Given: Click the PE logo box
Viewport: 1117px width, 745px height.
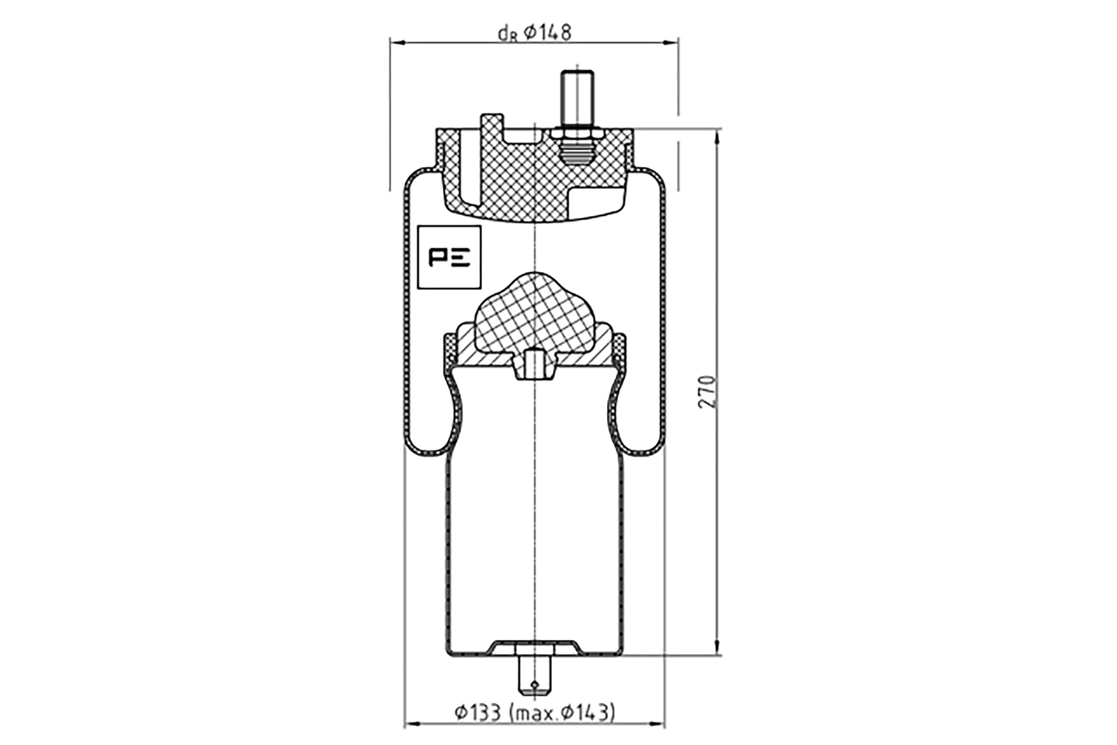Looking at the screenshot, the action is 449,257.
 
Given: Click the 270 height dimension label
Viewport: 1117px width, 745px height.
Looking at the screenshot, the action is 707,392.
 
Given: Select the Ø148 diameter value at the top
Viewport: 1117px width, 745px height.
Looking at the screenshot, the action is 547,32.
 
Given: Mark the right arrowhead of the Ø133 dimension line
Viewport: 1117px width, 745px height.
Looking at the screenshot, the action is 657,738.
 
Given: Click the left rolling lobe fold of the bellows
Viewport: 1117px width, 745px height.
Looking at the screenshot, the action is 432,418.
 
